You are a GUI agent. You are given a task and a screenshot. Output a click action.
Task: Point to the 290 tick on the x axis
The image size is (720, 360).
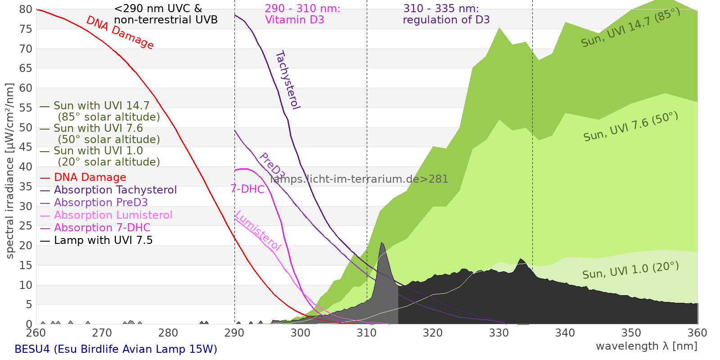click(x=234, y=333)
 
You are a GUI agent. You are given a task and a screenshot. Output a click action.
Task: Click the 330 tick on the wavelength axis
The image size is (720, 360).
click(x=499, y=333)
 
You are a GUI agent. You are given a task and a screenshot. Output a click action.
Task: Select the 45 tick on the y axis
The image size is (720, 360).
click(x=26, y=147)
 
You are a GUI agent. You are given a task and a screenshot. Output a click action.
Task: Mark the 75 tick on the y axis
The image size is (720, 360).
click(x=26, y=29)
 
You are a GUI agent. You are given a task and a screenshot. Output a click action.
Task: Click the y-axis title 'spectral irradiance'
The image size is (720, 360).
click(x=10, y=171)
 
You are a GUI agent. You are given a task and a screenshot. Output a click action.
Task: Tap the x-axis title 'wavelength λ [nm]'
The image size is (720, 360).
click(x=646, y=346)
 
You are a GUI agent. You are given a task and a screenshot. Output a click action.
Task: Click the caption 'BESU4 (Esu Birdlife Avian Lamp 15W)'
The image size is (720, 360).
click(x=116, y=349)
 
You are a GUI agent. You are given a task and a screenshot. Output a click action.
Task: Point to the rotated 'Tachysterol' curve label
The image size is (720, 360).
click(x=287, y=80)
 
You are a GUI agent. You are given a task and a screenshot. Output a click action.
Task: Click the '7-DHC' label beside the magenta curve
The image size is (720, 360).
click(x=247, y=189)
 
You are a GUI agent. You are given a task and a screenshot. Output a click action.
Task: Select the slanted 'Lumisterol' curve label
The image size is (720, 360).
click(x=258, y=230)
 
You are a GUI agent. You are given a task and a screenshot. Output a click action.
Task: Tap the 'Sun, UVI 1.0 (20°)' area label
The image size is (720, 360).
click(x=630, y=270)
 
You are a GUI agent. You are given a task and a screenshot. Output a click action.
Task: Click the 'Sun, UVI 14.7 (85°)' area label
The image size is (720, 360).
click(x=630, y=28)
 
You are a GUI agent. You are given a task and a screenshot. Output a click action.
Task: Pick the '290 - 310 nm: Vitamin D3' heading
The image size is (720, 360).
click(x=302, y=14)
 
